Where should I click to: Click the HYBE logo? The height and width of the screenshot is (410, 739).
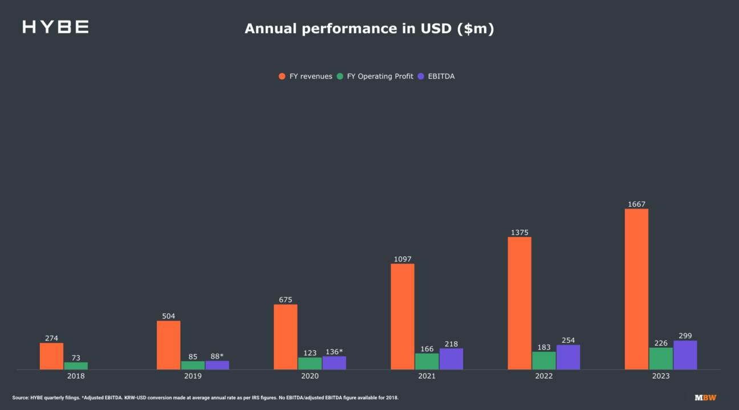55,27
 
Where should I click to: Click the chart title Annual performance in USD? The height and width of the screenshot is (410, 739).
369,28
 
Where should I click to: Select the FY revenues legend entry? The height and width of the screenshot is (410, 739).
306,76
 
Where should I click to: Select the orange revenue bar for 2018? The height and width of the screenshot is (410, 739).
51,356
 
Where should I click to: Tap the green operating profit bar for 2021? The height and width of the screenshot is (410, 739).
427,362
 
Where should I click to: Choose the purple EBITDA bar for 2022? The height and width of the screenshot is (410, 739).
568,357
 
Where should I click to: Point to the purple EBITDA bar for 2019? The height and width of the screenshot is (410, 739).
217,365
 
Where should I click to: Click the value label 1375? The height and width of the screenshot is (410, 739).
519,232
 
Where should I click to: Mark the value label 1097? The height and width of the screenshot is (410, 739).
403,259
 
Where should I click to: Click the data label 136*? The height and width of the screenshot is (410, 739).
334,352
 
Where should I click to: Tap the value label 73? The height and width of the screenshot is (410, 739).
76,358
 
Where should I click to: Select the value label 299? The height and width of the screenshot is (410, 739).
685,336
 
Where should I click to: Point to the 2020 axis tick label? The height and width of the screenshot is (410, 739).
310,376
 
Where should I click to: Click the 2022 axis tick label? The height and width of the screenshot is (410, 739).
543,376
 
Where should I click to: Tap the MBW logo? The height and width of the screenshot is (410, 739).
705,397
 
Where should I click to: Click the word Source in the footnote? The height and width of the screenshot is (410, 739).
20,397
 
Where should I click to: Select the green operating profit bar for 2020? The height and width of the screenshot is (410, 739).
310,363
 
